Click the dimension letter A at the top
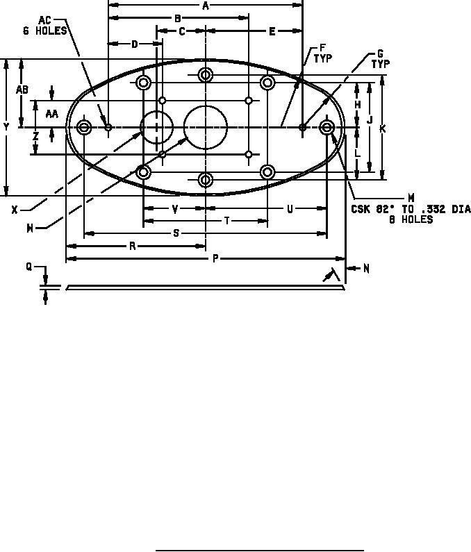(206, 6)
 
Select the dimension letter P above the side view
(215, 259)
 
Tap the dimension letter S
(176, 233)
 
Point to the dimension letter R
(133, 246)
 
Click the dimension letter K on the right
(383, 129)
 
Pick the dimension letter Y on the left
(6, 128)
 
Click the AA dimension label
(52, 114)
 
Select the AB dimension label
(22, 90)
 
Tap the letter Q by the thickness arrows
(29, 267)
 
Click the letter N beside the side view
(366, 269)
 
